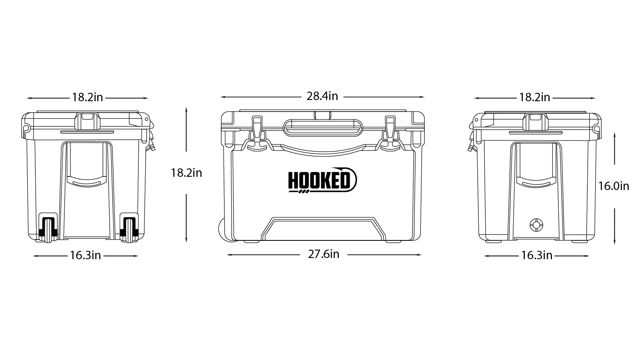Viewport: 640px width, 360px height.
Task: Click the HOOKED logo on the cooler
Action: (x=322, y=180)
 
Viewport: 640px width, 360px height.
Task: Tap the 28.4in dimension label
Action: (x=322, y=96)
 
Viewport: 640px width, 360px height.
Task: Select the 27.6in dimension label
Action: (x=324, y=254)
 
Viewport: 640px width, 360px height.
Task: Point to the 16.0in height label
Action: (x=614, y=186)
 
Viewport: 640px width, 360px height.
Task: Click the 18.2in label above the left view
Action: (x=87, y=98)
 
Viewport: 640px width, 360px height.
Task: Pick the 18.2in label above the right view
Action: (x=534, y=98)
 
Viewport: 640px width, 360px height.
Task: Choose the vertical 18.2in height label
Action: (x=186, y=173)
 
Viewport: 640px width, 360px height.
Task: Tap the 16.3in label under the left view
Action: (x=86, y=256)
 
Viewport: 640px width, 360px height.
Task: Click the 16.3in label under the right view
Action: (x=536, y=256)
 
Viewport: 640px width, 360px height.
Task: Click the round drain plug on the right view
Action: (x=536, y=225)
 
